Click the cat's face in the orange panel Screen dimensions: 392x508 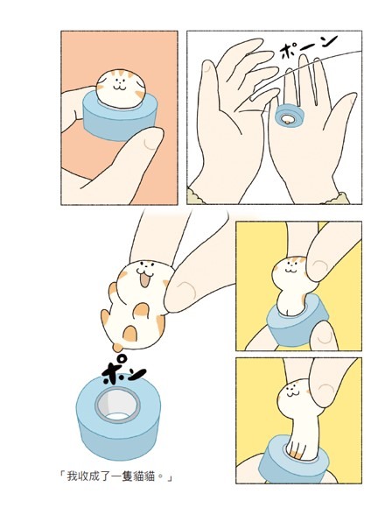121,85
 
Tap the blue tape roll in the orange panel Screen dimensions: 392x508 120,119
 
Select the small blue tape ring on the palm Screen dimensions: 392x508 289,116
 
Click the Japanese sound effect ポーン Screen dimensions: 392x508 308,46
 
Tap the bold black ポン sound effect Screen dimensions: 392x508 122,370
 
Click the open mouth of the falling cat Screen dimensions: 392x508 144,280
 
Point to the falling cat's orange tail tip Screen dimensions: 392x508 117,348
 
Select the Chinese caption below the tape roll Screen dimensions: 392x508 115,476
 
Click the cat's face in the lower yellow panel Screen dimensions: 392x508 292,393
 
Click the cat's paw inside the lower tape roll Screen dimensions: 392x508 297,448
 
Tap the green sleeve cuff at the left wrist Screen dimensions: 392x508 196,197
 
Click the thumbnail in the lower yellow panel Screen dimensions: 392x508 325,392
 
